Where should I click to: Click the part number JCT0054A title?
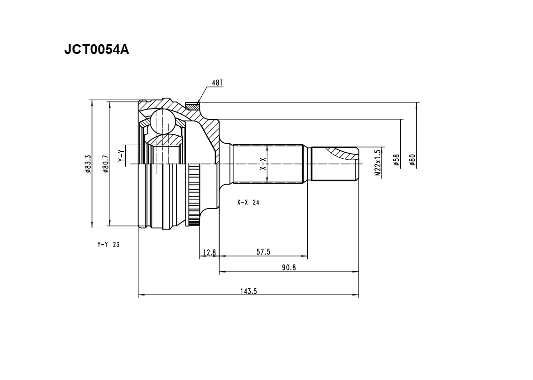coord(97,50)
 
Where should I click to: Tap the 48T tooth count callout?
coord(217,83)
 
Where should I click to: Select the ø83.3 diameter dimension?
coord(88,164)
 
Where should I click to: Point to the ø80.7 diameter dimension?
coord(106,164)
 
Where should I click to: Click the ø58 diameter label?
coord(396,160)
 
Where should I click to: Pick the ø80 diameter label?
coord(412,160)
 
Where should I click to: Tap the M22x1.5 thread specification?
coord(378,163)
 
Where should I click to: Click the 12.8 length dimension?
coord(209,252)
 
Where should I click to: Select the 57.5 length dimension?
coord(263,252)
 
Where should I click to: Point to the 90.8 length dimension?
coord(289,268)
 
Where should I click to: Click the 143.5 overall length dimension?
coord(249,291)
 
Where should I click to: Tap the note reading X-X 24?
coord(248,202)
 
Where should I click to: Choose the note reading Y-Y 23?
coord(108,245)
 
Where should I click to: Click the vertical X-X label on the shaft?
coord(263,164)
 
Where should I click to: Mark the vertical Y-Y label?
coord(121,156)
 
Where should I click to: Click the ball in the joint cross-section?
coord(162,121)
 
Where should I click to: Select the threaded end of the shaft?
coord(335,164)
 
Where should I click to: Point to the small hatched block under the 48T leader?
coord(193,106)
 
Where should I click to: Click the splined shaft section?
coord(268,163)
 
